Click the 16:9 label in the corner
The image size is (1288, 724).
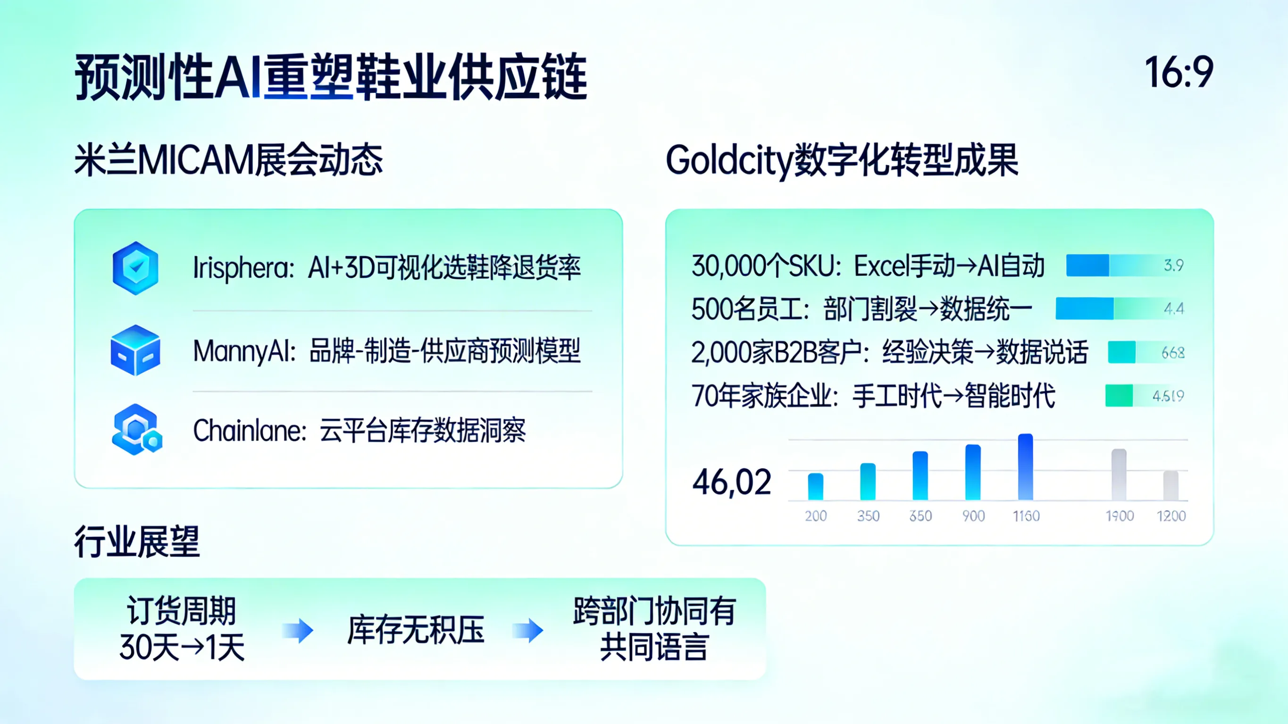tap(1179, 72)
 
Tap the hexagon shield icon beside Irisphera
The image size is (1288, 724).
tap(135, 268)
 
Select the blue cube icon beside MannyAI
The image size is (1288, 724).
tap(135, 350)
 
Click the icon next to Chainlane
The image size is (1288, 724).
tap(136, 430)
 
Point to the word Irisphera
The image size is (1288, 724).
tap(243, 268)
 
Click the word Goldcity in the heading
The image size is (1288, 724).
tap(729, 161)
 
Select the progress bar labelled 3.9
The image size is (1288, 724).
tap(1125, 265)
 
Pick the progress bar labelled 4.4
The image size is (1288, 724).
tap(1120, 308)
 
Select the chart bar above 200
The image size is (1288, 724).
tap(816, 486)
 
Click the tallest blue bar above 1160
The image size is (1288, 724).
tap(1026, 467)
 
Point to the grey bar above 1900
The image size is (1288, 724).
tap(1119, 474)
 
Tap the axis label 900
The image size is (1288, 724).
tap(973, 516)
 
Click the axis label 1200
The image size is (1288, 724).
tap(1171, 516)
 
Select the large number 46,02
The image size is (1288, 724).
tap(731, 482)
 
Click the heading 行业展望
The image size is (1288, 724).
tap(137, 542)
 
